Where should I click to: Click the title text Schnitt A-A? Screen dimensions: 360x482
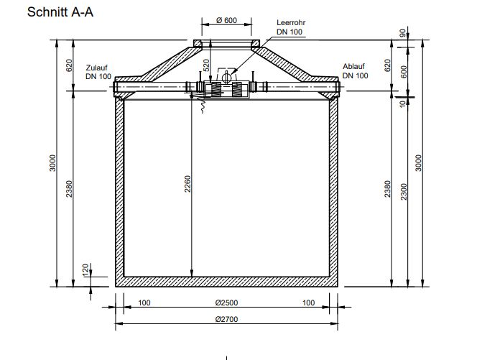pyautogui.click(x=60, y=12)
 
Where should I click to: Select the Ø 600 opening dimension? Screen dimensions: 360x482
pyautogui.click(x=226, y=21)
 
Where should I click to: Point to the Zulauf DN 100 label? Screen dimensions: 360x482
pyautogui.click(x=98, y=70)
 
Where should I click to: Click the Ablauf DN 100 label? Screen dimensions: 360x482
pyautogui.click(x=356, y=70)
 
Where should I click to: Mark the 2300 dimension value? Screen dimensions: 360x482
pyautogui.click(x=404, y=190)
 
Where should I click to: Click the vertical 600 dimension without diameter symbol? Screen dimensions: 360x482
pyautogui.click(x=404, y=71)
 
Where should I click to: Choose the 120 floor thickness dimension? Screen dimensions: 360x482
pyautogui.click(x=87, y=269)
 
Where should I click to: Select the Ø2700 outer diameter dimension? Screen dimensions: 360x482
pyautogui.click(x=226, y=319)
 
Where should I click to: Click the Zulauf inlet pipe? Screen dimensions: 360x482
pyautogui.click(x=151, y=88)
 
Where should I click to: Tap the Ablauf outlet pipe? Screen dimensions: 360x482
pyautogui.click(x=302, y=88)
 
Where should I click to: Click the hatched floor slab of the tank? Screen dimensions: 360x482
pyautogui.click(x=226, y=281)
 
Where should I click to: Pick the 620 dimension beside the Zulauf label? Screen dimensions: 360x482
pyautogui.click(x=70, y=66)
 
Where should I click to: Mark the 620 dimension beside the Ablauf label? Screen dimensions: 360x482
pyautogui.click(x=387, y=66)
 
